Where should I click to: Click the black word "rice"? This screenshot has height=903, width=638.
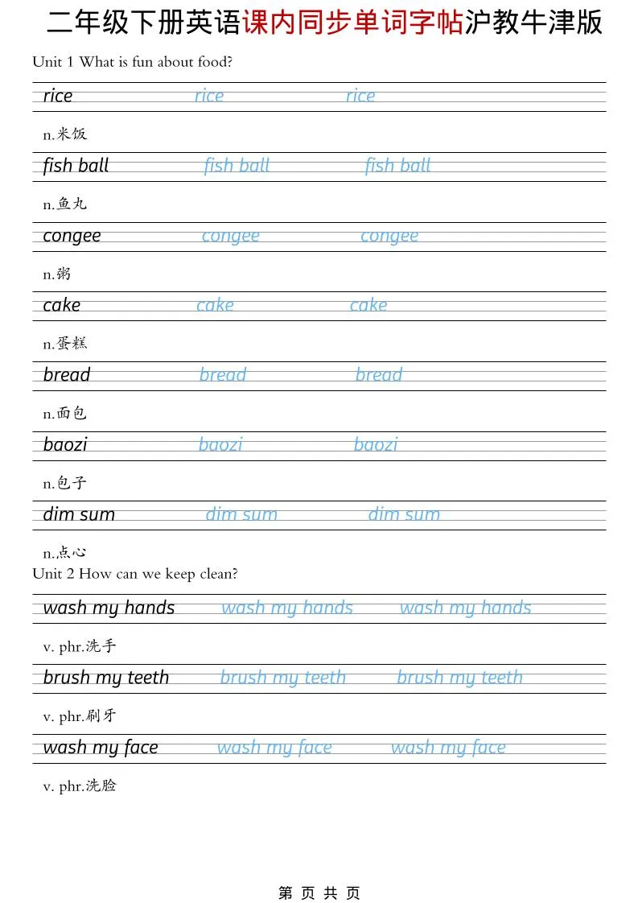[x=58, y=96]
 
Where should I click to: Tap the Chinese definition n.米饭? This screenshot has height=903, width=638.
[x=64, y=134]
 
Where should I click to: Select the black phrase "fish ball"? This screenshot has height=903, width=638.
[x=76, y=166]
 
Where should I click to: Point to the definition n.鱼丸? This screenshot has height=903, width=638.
[x=64, y=204]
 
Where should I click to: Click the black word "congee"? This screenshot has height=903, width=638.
[x=72, y=236]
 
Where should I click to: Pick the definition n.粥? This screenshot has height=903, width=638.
[x=57, y=274]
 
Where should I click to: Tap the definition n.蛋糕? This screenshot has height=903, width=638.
[x=64, y=344]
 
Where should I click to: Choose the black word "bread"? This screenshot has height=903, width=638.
[x=67, y=375]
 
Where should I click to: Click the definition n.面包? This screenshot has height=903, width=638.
[x=64, y=414]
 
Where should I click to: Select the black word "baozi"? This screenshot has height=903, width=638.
[x=65, y=444]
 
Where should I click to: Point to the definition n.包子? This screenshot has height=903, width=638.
[x=64, y=484]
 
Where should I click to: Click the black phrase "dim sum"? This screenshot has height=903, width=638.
[x=79, y=514]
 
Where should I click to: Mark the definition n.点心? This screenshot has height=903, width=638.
[x=64, y=553]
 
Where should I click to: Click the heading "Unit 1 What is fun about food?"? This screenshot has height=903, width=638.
[x=132, y=62]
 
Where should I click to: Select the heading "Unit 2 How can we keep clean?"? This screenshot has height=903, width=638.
[x=135, y=574]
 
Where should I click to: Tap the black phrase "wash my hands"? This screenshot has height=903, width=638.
[x=109, y=608]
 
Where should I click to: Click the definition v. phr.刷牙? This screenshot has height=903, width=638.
[x=80, y=716]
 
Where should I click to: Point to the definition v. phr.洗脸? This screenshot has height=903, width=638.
[x=80, y=785]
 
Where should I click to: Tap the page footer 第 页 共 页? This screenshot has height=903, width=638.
[x=319, y=893]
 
